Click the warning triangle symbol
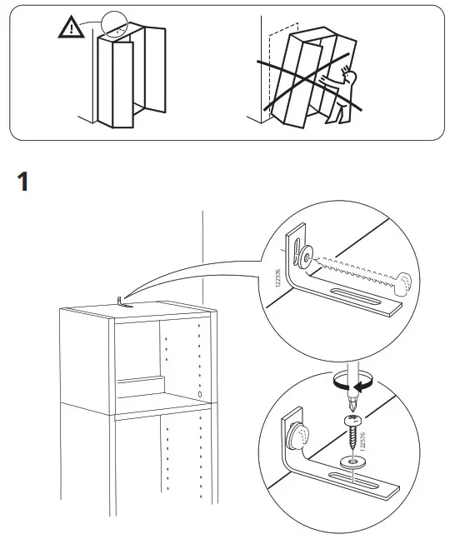coord(71,27)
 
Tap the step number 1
coord(22,181)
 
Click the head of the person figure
coord(349,77)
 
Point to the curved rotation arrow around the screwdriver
coord(355,383)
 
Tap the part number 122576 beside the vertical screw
coord(362,441)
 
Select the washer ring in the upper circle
coord(307,257)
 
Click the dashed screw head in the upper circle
coord(403,284)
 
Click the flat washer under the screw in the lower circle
coord(352,462)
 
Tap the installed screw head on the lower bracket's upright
coord(298,433)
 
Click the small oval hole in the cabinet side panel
coord(200,394)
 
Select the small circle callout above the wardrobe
coord(114,24)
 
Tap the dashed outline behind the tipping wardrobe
coord(282,66)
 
